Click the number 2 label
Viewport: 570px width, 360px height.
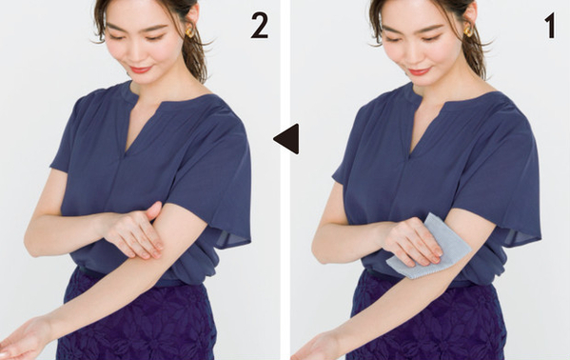[260, 27]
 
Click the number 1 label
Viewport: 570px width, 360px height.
[550, 27]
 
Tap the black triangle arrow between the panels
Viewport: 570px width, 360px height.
[287, 139]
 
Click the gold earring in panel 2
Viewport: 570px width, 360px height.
[189, 31]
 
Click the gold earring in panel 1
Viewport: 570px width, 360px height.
[468, 30]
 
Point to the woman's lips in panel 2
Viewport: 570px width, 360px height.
[140, 70]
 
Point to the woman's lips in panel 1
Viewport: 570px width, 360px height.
[419, 70]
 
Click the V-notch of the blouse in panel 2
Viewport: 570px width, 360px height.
[126, 153]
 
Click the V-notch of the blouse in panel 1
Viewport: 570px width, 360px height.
[410, 153]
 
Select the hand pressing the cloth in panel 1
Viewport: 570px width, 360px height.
[413, 240]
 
